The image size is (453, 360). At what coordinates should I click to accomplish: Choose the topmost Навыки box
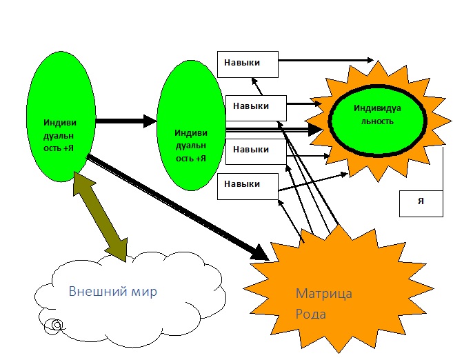point(248,63)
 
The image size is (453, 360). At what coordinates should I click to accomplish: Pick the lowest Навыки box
point(248,185)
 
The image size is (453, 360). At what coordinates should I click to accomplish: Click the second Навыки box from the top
point(256,107)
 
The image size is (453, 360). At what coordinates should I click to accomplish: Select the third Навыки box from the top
point(256,150)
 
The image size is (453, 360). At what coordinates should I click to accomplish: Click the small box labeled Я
point(421,202)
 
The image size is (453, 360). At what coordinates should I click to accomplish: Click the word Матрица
point(323,294)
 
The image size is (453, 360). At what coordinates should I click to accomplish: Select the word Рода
point(311,314)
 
